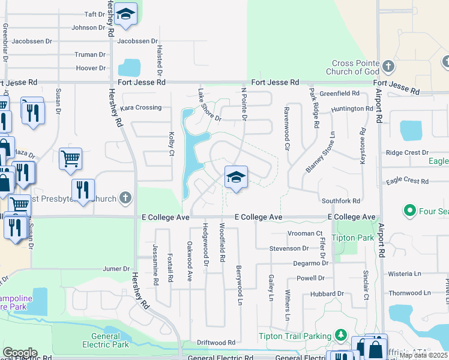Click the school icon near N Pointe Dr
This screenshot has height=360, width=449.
tap(236, 177)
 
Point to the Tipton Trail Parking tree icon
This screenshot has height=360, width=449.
tap(341, 334)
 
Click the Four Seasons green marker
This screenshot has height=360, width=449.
tap(411, 211)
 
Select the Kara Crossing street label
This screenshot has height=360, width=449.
tap(141, 107)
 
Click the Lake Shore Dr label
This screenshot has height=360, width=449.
tap(209, 106)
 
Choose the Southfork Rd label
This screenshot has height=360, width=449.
tap(340, 201)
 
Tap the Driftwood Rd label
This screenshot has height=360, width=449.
tap(216, 343)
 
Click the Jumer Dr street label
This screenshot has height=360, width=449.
tap(116, 269)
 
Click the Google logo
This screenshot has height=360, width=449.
tap(20, 352)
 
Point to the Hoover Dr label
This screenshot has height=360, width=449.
tap(91, 68)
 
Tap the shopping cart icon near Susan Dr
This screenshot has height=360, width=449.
tap(70, 159)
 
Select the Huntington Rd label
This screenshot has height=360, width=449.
tap(356, 109)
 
